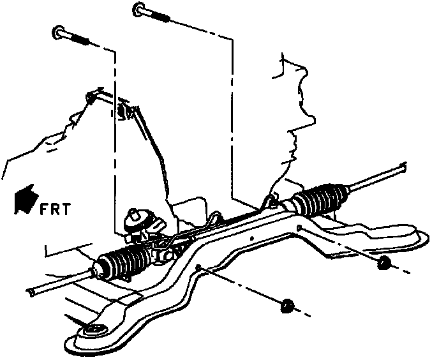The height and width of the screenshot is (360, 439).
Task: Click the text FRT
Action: pos(55,209)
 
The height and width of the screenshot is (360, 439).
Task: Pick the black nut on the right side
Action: pos(383,262)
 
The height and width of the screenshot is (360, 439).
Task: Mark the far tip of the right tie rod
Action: pos(401,167)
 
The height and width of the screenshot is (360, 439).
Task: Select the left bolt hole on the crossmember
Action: pos(199,267)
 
